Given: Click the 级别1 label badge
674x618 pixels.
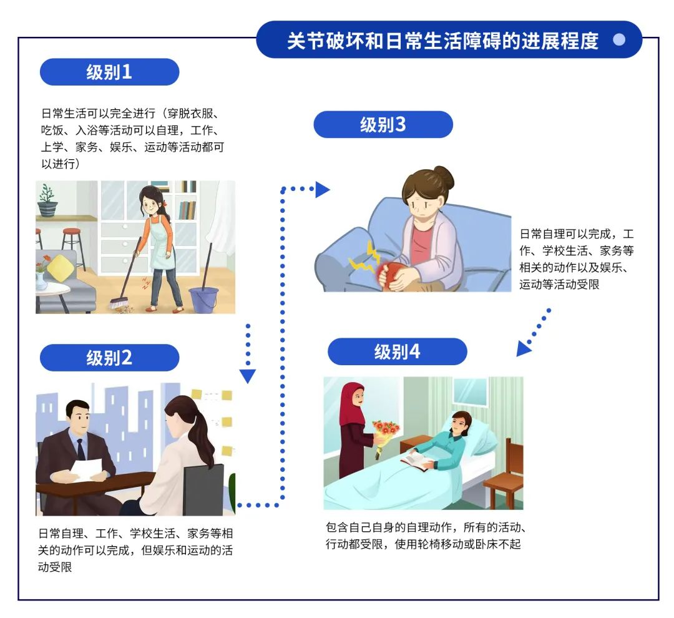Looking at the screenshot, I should (109, 72).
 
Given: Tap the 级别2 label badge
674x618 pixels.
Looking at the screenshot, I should (109, 358).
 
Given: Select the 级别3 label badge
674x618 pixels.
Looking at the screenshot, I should (383, 125).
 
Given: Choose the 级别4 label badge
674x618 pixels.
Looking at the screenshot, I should (397, 352).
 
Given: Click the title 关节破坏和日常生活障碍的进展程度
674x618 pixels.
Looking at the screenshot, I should (442, 41).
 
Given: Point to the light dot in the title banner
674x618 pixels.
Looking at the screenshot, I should (619, 40).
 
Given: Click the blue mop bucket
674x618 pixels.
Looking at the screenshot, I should (203, 299).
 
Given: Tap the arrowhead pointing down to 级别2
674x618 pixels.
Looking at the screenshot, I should (248, 376).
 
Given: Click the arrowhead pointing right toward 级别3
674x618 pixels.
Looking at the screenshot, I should (322, 189).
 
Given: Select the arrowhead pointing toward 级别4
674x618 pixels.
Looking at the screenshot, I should (523, 350).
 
